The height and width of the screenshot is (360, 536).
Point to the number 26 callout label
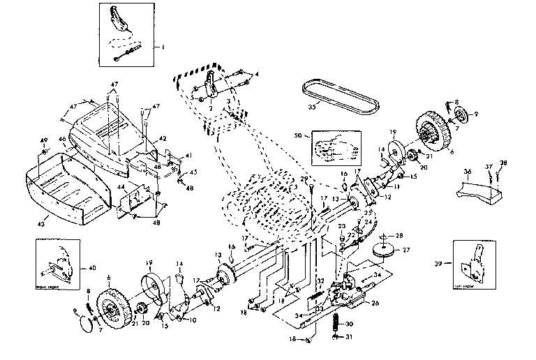(375, 303)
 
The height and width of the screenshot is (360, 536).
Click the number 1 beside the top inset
(163, 48)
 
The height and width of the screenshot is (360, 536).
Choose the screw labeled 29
(308, 188)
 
